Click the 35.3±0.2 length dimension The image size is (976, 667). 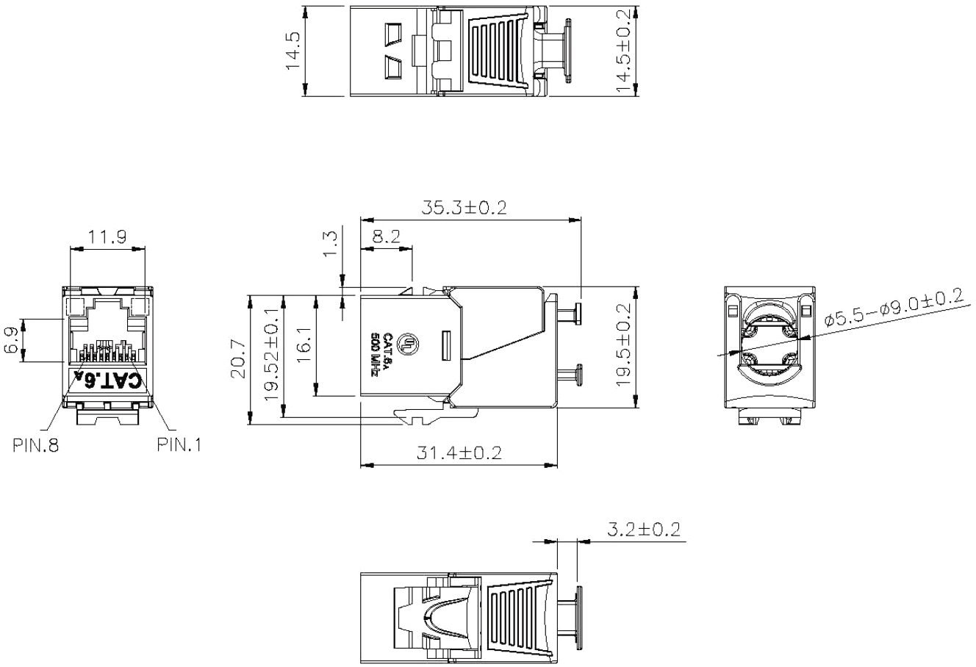(464, 208)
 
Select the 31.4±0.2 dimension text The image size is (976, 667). (459, 453)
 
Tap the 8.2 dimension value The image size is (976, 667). (386, 237)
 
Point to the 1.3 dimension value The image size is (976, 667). (330, 244)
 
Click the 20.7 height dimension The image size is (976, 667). (239, 360)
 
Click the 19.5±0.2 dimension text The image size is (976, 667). (623, 345)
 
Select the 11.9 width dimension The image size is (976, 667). (107, 237)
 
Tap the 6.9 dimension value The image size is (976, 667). (11, 341)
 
